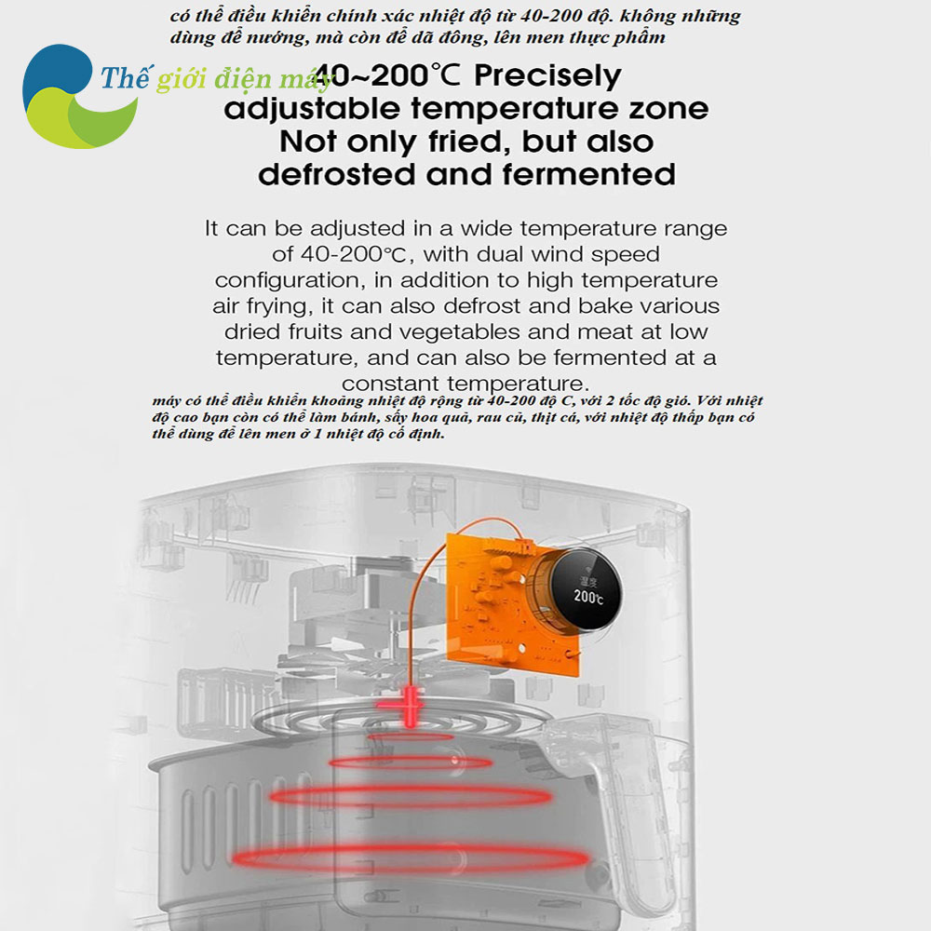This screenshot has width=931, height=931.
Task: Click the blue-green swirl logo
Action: click(x=77, y=96)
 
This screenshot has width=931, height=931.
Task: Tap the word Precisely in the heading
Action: click(x=547, y=76)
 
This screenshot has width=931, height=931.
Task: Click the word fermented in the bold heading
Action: click(x=589, y=175)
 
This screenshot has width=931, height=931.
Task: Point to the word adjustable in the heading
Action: click(x=312, y=109)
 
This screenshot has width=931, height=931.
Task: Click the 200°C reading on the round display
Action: click(x=587, y=596)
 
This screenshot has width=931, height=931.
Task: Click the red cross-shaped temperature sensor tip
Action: click(x=410, y=706)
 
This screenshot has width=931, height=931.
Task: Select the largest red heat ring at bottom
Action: click(x=411, y=858)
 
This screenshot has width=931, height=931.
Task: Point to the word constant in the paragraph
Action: click(x=391, y=384)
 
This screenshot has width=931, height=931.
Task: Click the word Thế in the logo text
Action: click(x=125, y=78)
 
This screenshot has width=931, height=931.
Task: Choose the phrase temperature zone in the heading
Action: click(x=560, y=109)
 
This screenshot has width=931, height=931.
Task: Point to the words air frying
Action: click(x=263, y=306)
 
